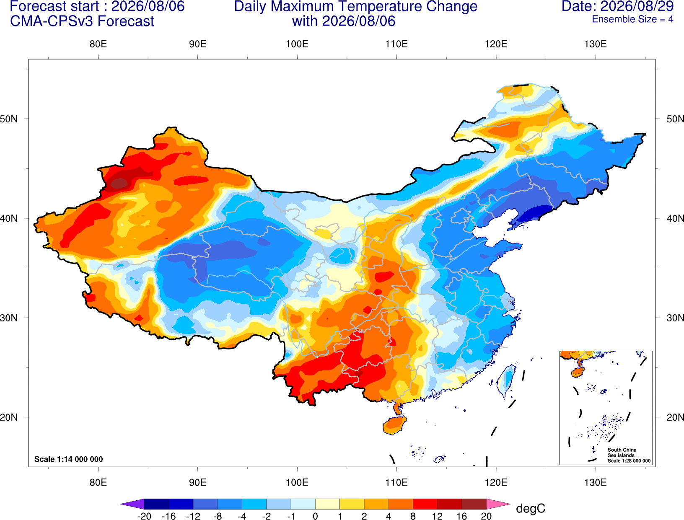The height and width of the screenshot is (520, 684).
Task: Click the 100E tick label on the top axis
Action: (297, 44)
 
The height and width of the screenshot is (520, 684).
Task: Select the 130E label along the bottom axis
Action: (595, 482)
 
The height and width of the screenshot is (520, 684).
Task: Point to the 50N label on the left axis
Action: (9, 119)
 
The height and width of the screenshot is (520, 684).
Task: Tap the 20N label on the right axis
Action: (675, 417)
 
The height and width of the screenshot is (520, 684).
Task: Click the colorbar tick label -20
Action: (144, 516)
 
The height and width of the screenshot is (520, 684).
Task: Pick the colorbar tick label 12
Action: (437, 516)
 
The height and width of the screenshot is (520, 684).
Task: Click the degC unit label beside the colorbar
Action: (530, 508)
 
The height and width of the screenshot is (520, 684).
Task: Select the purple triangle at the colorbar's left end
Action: (132, 504)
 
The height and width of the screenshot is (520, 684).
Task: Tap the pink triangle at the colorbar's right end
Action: (499, 504)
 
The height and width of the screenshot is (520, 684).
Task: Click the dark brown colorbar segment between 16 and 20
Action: (474, 504)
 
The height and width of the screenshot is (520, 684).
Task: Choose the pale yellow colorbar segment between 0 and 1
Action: (327, 504)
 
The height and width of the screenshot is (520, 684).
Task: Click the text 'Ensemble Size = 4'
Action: (632, 19)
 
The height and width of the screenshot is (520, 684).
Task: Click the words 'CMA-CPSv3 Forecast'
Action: (82, 21)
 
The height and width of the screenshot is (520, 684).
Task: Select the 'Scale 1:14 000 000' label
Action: (69, 459)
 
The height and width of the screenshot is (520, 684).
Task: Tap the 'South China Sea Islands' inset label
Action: (622, 453)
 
